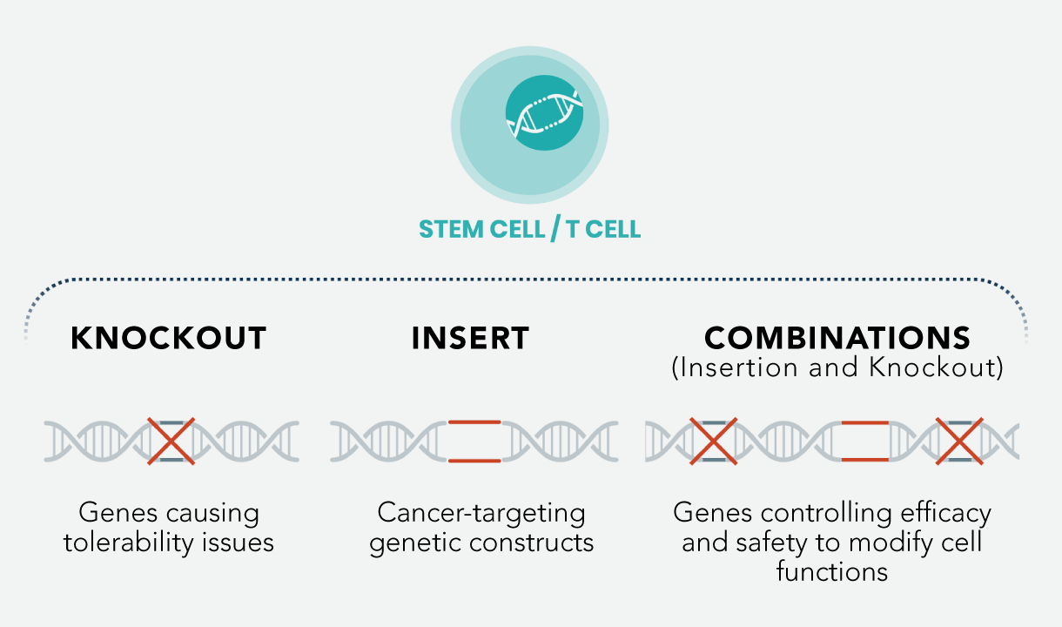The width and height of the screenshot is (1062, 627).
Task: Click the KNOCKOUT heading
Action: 168,338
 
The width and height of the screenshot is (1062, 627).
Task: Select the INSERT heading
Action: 470,338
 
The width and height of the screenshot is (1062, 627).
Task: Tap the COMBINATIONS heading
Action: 837,338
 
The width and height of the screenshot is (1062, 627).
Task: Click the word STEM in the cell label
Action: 451,229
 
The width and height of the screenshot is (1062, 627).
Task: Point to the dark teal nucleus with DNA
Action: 544,113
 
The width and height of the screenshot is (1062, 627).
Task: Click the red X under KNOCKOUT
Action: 171,442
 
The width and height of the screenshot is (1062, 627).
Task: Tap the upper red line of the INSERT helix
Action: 474,421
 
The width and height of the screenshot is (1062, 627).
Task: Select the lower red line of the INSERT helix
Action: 474,461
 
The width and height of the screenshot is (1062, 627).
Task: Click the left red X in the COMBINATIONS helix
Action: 714,442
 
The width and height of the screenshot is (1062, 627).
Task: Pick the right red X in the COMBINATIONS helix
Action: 959,442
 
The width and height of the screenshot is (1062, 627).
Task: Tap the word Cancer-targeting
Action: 481,513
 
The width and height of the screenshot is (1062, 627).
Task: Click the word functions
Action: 832,572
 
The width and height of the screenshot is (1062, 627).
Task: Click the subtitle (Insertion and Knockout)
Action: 837,368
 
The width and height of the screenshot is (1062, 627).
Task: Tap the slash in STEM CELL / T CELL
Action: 555,229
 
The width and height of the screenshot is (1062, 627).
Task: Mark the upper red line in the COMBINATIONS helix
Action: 864,421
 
